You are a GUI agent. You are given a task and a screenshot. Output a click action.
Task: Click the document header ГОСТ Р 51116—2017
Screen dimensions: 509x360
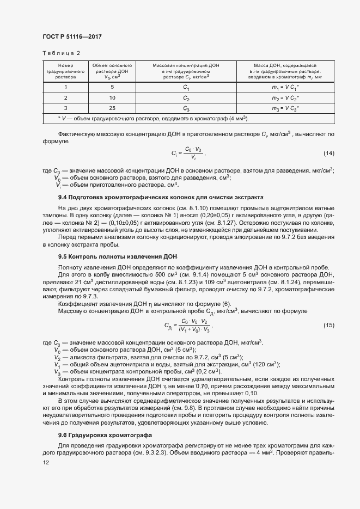72,36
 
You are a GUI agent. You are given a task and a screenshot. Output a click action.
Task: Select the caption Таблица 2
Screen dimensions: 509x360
61,53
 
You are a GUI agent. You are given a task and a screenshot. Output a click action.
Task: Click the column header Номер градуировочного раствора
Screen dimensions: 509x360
65,71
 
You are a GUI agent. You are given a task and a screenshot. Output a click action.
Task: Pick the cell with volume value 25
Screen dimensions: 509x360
112,108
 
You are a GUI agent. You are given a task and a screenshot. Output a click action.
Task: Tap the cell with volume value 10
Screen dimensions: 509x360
112,97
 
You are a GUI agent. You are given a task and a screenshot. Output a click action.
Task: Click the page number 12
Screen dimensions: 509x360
46,462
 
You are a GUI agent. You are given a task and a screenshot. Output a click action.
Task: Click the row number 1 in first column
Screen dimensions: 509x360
65,87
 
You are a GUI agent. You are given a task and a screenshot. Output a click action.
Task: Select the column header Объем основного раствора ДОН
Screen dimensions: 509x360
112,71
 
